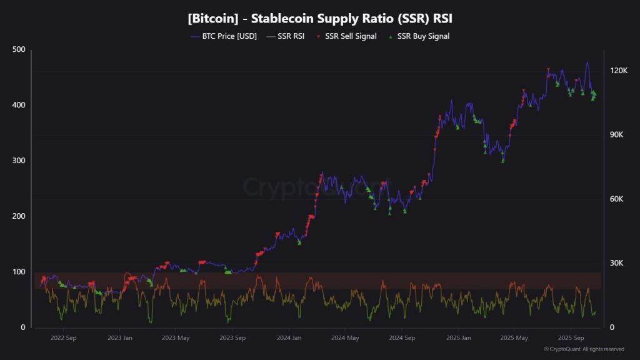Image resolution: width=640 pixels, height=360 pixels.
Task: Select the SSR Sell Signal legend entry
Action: pyautogui.click(x=351, y=36)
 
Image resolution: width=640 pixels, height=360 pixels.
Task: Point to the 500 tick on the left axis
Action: pyautogui.click(x=19, y=50)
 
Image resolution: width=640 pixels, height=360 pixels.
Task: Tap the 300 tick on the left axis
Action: pyautogui.click(x=19, y=161)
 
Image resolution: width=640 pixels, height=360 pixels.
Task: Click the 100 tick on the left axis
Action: pyautogui.click(x=19, y=272)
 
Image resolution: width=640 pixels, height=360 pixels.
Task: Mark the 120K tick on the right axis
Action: pyautogui.click(x=619, y=71)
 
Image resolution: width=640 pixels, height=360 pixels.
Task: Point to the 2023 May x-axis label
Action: pyautogui.click(x=176, y=338)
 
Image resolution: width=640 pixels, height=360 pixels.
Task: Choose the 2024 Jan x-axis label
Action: pyautogui.click(x=288, y=338)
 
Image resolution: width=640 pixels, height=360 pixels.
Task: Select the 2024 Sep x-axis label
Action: pyautogui.click(x=401, y=338)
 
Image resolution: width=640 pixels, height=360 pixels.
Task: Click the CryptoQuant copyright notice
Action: pyautogui.click(x=584, y=349)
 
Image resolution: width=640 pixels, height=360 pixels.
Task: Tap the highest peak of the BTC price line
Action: pyautogui.click(x=587, y=62)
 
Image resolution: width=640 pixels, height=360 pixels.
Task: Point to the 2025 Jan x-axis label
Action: pyautogui.click(x=458, y=338)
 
